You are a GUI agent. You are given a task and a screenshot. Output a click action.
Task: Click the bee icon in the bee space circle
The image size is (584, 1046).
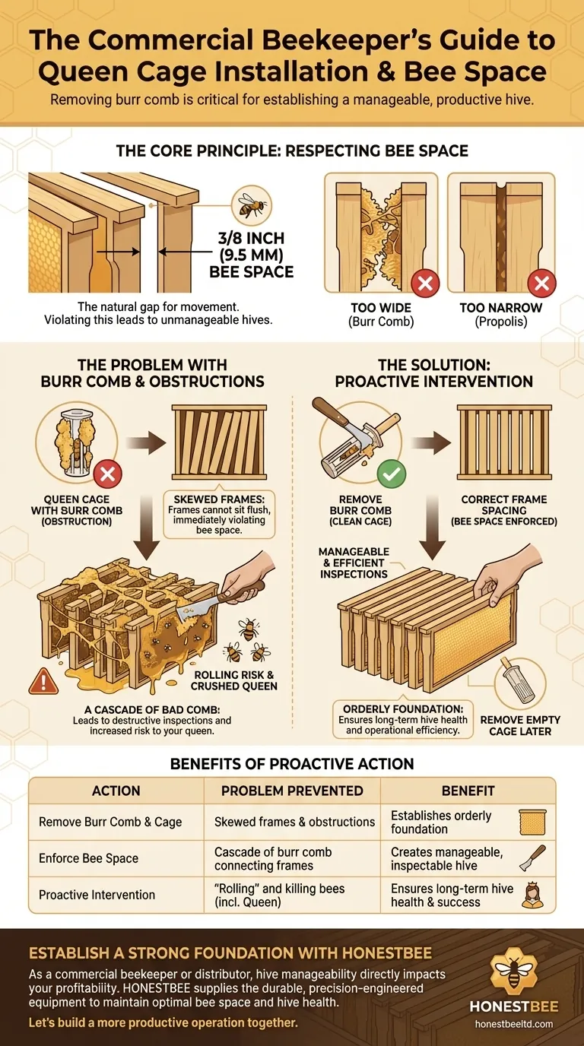[x=252, y=206]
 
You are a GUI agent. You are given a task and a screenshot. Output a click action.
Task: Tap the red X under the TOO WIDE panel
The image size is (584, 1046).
[x=424, y=285]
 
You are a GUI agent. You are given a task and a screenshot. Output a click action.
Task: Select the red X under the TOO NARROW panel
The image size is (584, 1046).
[x=541, y=285]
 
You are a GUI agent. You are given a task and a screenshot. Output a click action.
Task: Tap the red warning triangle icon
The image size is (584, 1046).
[x=43, y=682]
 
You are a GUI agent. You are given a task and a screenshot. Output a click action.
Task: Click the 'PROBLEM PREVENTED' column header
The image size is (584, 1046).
[x=292, y=791]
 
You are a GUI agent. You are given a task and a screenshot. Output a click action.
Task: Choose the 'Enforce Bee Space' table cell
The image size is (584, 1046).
[x=89, y=858]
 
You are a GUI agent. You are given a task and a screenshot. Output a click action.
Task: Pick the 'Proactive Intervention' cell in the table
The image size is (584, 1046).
[x=97, y=895]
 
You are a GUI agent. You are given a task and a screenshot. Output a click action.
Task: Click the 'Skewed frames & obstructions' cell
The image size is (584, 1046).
[x=294, y=822]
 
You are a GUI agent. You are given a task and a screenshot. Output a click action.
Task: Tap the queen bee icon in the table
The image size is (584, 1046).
[x=531, y=895]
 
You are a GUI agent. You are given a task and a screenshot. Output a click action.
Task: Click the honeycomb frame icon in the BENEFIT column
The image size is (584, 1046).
[x=530, y=822]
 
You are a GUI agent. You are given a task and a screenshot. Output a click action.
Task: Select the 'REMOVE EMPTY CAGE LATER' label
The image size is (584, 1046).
[x=520, y=726]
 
